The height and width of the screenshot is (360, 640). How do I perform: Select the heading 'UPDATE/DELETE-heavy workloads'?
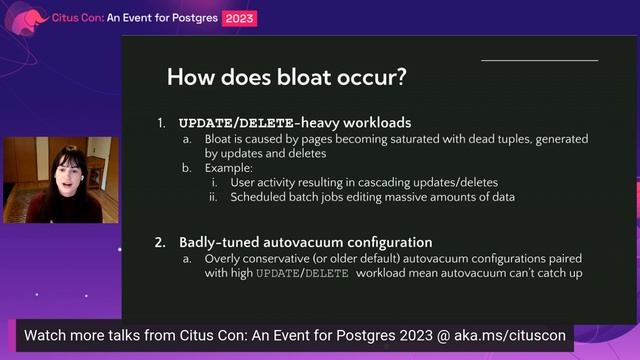coord(295,123)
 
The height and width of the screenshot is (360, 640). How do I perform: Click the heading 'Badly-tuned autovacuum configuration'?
coord(305,242)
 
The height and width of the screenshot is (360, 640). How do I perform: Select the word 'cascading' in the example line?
coord(401,182)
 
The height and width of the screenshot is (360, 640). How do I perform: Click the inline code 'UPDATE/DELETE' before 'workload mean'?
coord(301,272)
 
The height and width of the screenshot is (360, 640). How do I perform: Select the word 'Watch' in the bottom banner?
coord(46,335)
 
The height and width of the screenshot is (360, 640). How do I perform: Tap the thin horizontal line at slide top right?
coord(539,60)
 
